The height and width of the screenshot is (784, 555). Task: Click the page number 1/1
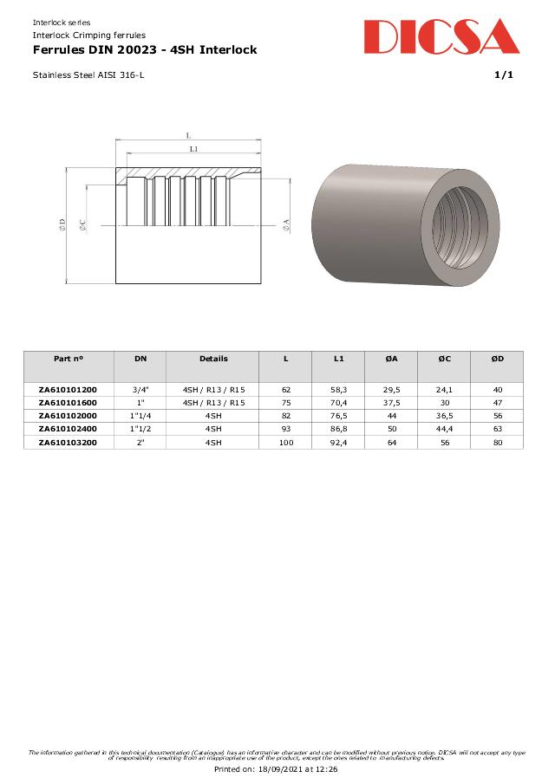coord(504,75)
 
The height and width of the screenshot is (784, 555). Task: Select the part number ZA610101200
coord(68,390)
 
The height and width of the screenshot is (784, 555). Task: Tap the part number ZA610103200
coord(68,443)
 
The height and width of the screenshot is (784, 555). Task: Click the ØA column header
coord(391,359)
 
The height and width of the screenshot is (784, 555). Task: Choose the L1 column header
coord(338,359)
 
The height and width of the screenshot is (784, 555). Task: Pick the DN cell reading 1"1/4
coord(140,416)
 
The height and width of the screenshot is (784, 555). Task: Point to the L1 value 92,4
coord(338,443)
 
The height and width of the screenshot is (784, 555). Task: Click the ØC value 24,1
coord(444,390)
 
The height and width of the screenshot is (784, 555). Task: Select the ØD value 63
coord(497,429)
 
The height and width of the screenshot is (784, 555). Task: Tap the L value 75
coord(286,403)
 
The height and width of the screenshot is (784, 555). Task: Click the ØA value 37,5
coord(391,403)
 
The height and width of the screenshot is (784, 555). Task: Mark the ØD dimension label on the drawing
coord(62,224)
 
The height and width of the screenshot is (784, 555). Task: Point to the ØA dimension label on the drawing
coord(286,224)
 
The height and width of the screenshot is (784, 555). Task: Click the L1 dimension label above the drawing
coord(193,150)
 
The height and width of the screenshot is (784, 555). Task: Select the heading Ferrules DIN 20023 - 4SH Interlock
coord(144,50)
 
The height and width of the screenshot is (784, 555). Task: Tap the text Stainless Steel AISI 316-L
coord(88,75)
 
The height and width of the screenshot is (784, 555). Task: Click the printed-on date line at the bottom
coord(276,768)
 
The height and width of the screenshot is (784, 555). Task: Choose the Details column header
coord(213,359)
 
